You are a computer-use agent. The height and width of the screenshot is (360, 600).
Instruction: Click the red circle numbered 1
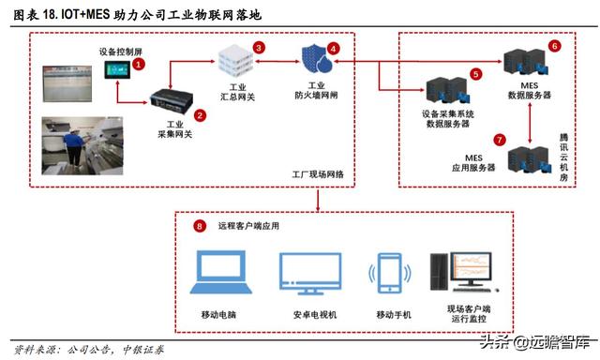point(138,64)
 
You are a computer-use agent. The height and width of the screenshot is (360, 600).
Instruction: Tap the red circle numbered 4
point(333,48)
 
